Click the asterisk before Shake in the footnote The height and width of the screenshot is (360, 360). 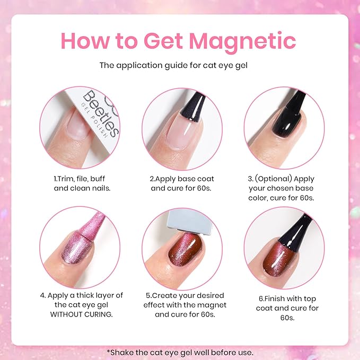point(108,352)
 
